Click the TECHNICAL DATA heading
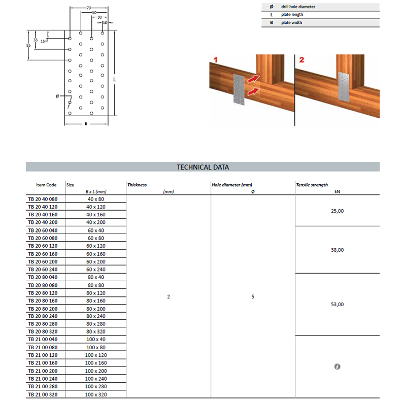(x=202, y=166)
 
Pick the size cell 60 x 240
(x=96, y=270)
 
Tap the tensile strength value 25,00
(x=337, y=211)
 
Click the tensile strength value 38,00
(x=337, y=250)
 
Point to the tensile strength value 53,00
(x=337, y=305)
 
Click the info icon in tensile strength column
(x=337, y=366)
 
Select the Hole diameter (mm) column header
(x=232, y=185)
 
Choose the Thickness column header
(x=137, y=185)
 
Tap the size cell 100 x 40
(x=96, y=340)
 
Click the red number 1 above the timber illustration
(x=215, y=60)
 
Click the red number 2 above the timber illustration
(x=302, y=60)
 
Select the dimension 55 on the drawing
(x=29, y=46)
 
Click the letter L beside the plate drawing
(x=116, y=80)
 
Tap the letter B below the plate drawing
(x=86, y=124)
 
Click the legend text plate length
(x=293, y=15)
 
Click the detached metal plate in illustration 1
(x=239, y=89)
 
